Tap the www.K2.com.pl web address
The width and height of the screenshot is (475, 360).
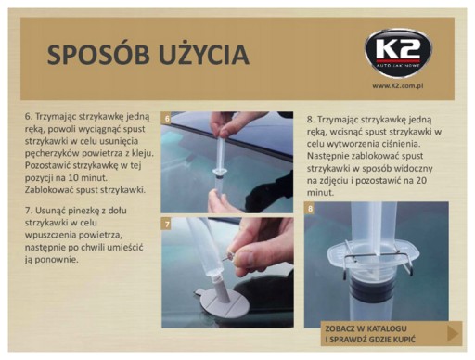point(397,85)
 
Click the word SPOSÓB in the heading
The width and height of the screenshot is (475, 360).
point(98,55)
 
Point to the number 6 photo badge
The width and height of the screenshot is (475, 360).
point(167,119)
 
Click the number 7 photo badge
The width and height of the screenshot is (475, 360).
point(167,224)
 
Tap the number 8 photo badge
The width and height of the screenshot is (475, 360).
point(310,209)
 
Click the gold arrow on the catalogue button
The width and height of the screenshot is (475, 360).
point(453,333)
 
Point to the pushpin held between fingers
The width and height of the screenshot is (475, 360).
point(229,257)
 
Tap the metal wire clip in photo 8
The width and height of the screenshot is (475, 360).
point(378,256)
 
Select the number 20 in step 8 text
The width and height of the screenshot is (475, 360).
point(421,181)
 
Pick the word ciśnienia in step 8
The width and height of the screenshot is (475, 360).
point(403,144)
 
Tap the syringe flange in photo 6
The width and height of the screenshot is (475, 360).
point(219,171)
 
